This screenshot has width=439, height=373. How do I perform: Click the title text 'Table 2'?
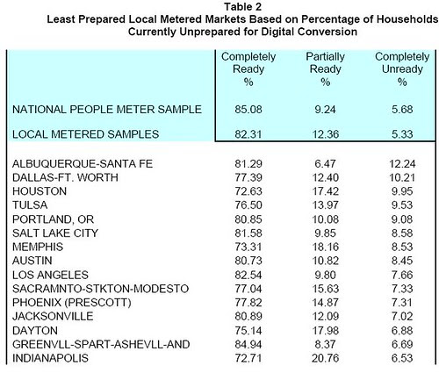pyautogui.click(x=242, y=7)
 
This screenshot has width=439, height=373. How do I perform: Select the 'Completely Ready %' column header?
pyautogui.click(x=248, y=69)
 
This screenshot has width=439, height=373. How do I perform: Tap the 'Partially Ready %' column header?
pyautogui.click(x=325, y=69)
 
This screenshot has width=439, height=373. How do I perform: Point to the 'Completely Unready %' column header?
pyautogui.click(x=402, y=69)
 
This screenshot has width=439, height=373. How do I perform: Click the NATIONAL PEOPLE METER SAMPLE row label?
pyautogui.click(x=107, y=110)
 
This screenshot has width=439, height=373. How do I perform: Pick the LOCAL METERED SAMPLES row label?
pyautogui.click(x=85, y=134)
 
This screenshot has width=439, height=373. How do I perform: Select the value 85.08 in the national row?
pyautogui.click(x=248, y=110)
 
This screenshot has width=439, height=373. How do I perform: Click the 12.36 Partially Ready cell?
pyautogui.click(x=325, y=134)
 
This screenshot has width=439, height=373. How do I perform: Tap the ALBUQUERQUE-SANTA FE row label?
pyautogui.click(x=83, y=164)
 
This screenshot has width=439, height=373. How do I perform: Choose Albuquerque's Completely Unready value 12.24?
pyautogui.click(x=402, y=164)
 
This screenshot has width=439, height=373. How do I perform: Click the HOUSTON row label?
pyautogui.click(x=40, y=191)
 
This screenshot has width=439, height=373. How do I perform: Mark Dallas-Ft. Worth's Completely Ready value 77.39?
pyautogui.click(x=248, y=177)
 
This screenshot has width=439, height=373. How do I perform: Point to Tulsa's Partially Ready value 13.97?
pyautogui.click(x=325, y=205)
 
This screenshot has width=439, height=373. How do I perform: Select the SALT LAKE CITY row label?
pyautogui.click(x=55, y=233)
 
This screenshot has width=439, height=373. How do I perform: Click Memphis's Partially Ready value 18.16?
pyautogui.click(x=325, y=247)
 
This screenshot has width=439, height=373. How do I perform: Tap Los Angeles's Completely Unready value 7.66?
pyautogui.click(x=402, y=275)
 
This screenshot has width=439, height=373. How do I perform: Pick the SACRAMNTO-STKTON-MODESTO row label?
pyautogui.click(x=100, y=289)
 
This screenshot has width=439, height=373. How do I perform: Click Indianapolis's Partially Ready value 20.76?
pyautogui.click(x=325, y=358)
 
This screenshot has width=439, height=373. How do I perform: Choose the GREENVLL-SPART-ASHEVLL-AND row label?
pyautogui.click(x=101, y=344)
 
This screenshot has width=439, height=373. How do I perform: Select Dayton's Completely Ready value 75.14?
pyautogui.click(x=248, y=331)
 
